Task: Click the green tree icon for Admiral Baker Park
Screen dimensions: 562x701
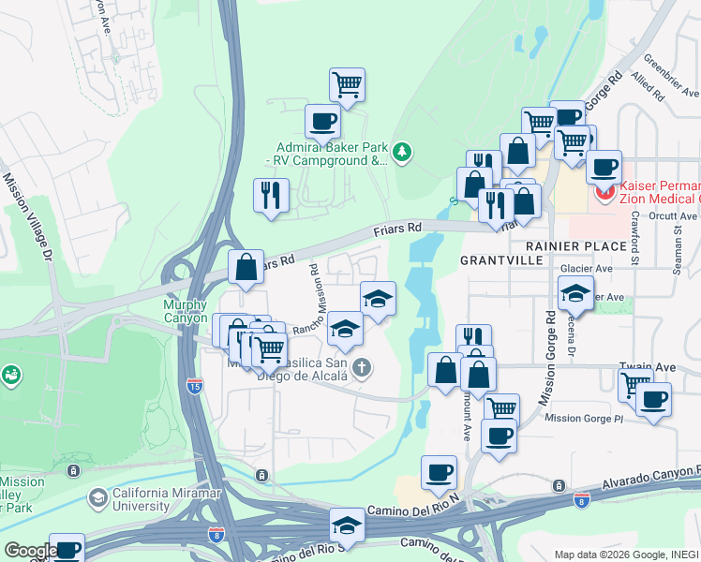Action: click(402, 151)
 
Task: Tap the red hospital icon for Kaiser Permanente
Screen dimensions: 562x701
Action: click(605, 194)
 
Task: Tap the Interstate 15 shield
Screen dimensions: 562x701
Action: click(193, 386)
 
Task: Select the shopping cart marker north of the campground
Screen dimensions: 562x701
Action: click(347, 84)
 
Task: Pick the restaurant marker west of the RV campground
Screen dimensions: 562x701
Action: click(271, 195)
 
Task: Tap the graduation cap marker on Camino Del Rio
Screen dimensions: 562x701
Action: click(348, 525)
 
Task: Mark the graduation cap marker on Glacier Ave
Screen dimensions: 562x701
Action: click(576, 293)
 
